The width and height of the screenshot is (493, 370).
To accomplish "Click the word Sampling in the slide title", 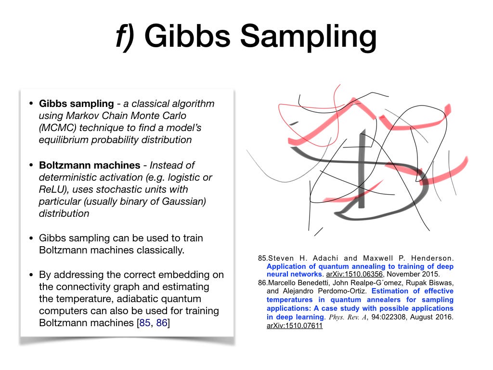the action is click(x=308, y=37).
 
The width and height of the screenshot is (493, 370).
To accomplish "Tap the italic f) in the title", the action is click(x=125, y=37).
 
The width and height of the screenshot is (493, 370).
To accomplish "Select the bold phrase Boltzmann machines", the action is click(x=90, y=165).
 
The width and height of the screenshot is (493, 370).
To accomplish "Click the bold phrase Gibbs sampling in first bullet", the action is click(x=77, y=104).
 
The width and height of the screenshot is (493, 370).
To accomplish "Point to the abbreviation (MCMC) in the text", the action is click(x=58, y=128).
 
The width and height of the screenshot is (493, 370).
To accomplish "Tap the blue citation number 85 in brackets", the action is click(x=144, y=323).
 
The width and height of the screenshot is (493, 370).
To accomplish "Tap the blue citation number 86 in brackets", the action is click(x=162, y=323).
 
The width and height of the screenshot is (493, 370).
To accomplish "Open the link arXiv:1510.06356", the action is click(x=354, y=274).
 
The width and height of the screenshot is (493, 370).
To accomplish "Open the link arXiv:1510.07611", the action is click(x=295, y=326).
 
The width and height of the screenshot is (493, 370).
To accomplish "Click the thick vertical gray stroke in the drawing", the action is click(x=362, y=168).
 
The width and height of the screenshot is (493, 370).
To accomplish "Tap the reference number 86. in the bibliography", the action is click(x=263, y=282).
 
